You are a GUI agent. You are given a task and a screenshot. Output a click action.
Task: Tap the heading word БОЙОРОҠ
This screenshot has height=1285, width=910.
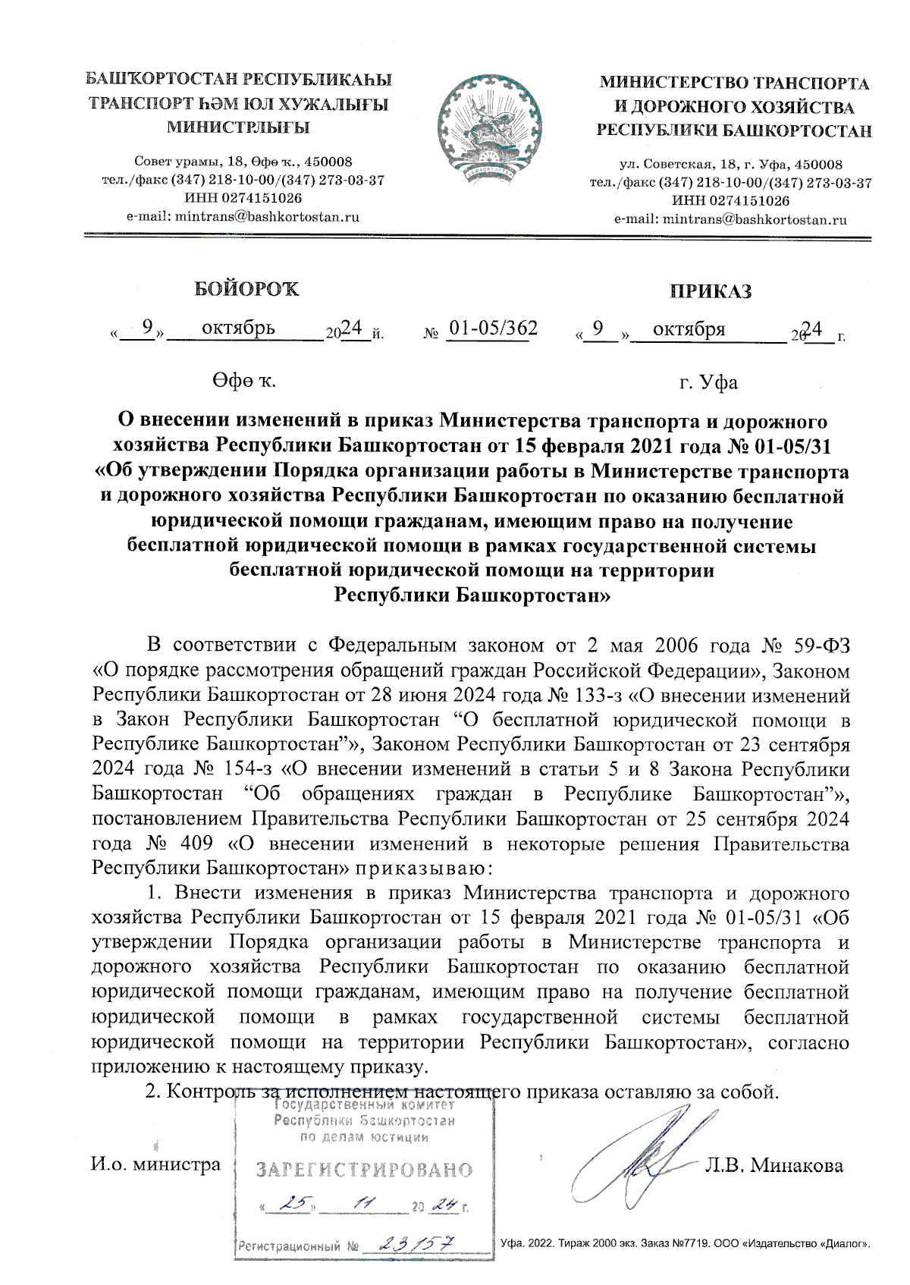point(247,289)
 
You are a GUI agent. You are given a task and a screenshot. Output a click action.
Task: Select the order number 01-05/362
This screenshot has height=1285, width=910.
point(493,328)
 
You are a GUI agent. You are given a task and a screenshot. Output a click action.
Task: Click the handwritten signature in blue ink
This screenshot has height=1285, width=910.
point(641,1157)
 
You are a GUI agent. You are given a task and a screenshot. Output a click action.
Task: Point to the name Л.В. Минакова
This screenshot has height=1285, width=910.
point(773,1165)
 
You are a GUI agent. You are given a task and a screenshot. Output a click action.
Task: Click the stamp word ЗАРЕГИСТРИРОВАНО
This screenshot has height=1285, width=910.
point(364,1170)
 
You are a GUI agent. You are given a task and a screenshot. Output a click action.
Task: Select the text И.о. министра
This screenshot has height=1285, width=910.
point(155,1164)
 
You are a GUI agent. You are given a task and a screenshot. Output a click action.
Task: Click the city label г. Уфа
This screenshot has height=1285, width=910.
point(708,382)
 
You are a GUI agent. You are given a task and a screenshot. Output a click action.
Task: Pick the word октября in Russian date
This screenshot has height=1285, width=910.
point(689,329)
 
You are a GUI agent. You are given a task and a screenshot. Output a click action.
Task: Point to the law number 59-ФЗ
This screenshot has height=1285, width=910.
point(822,646)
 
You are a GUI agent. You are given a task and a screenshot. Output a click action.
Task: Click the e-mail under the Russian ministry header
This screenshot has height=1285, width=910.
point(730,220)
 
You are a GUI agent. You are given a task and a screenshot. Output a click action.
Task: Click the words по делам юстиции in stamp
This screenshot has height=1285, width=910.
point(365,1137)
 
